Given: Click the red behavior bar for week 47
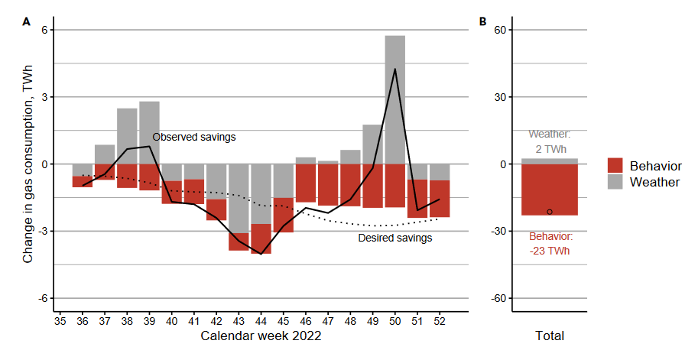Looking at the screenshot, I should [328, 185].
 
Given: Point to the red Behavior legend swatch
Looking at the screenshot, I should [615, 166].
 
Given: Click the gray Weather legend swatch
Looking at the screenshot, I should [615, 182].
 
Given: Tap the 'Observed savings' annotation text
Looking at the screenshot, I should [194, 137].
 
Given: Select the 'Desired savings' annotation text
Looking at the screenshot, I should [395, 238].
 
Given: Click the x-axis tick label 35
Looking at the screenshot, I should [60, 322].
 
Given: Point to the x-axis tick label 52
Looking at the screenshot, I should [440, 322].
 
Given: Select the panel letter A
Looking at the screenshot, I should [26, 22].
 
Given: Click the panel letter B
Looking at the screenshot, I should [482, 22].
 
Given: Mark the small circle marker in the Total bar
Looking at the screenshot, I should [550, 212].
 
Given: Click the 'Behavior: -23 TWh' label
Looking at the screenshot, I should [550, 243].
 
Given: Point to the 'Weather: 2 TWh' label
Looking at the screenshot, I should [550, 141].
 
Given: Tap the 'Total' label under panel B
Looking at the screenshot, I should [550, 336].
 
